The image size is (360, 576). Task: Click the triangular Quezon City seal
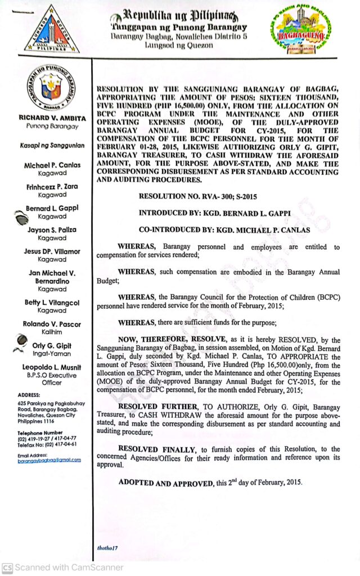[51, 31]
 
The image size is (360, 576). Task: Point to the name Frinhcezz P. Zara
[51, 186]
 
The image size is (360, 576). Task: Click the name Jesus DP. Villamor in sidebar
[52, 251]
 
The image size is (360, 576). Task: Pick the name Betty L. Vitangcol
[52, 302]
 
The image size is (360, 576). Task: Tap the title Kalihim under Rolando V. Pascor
[52, 332]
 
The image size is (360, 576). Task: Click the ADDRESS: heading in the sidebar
[29, 395]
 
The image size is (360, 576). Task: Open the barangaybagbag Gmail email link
[49, 460]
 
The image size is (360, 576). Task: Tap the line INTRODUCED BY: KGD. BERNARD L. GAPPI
[217, 214]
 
